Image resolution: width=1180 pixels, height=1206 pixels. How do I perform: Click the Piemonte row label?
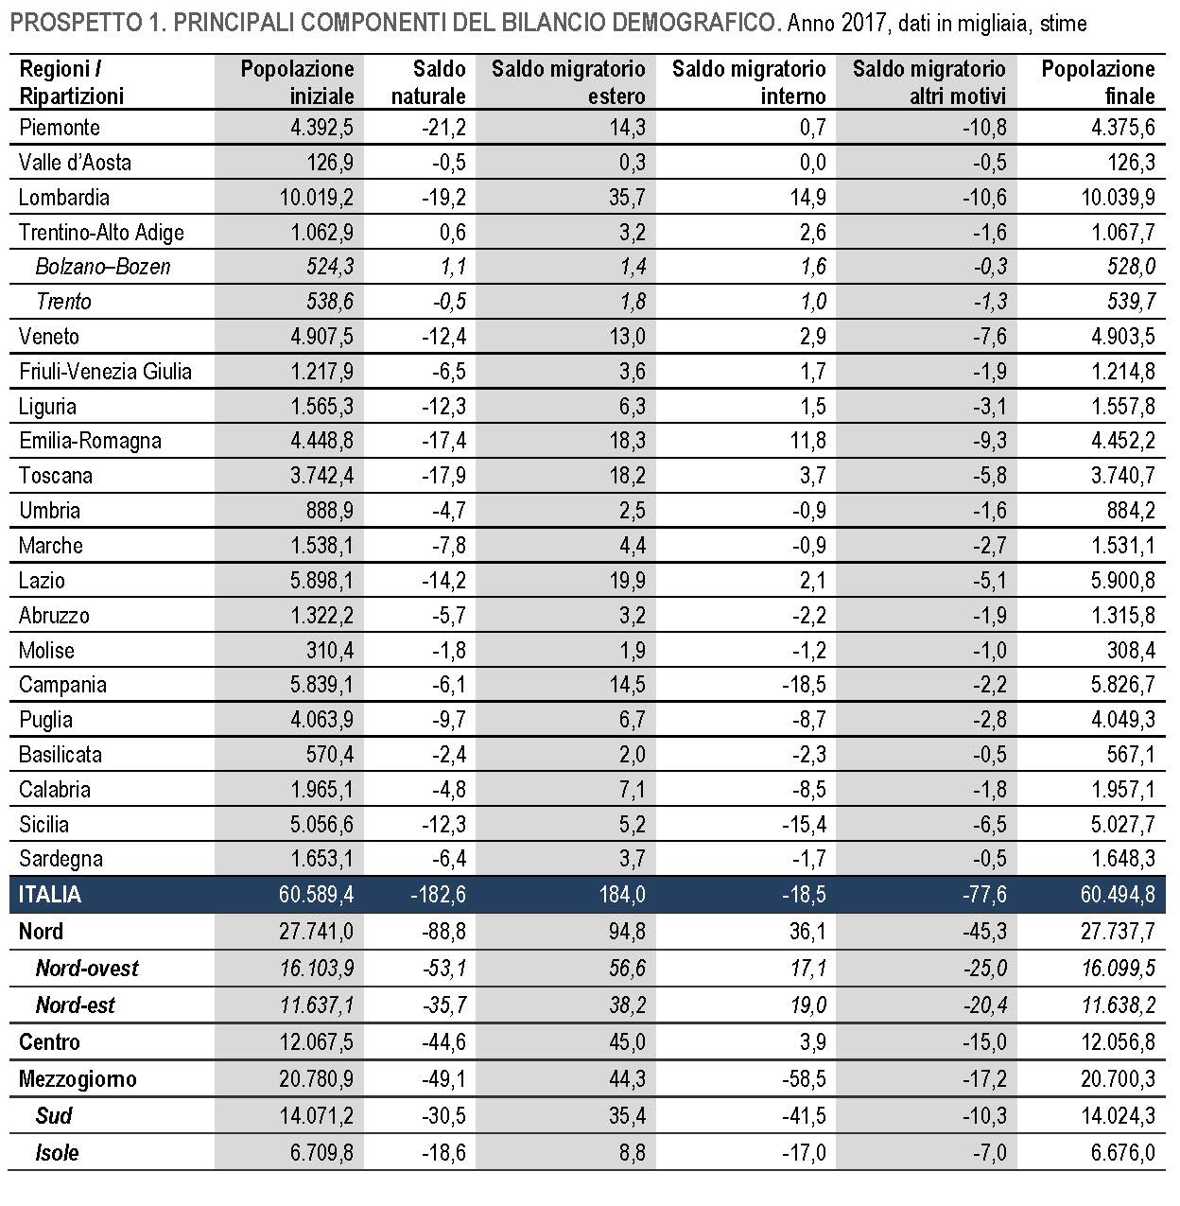[x=60, y=128]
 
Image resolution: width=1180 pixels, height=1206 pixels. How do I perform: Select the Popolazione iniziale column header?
[x=297, y=82]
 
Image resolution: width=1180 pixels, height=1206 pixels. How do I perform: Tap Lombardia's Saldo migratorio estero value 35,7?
[x=627, y=198]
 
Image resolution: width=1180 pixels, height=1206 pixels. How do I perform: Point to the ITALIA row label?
[x=50, y=894]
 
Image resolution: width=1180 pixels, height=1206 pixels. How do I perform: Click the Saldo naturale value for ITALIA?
[x=438, y=894]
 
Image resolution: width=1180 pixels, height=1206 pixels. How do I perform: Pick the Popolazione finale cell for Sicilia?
[x=1123, y=824]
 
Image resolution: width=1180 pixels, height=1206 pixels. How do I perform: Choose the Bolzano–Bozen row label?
[x=103, y=268]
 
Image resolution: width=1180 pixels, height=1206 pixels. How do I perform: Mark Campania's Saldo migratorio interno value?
[x=804, y=685]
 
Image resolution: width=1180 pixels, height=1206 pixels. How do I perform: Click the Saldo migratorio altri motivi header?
[x=929, y=82]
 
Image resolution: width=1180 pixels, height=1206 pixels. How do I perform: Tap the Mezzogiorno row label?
[x=78, y=1079]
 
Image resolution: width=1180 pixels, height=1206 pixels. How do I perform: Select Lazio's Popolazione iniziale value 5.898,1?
[x=321, y=581]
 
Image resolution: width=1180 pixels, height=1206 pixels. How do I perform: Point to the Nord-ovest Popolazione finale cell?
[x=1119, y=969]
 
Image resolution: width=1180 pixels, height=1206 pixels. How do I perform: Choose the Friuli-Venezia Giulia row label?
[x=105, y=372]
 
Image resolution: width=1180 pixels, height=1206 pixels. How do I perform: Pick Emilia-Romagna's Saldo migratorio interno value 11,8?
[x=807, y=441]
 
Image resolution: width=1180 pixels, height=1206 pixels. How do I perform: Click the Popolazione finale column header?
[x=1098, y=82]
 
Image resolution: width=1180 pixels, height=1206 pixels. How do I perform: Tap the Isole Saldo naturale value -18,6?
[x=443, y=1152]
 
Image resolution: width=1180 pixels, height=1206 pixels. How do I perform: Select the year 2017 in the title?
[x=864, y=24]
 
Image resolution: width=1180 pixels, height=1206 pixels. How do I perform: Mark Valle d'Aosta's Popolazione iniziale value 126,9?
[x=330, y=163]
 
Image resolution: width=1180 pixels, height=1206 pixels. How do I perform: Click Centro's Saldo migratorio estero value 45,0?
[x=627, y=1042]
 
